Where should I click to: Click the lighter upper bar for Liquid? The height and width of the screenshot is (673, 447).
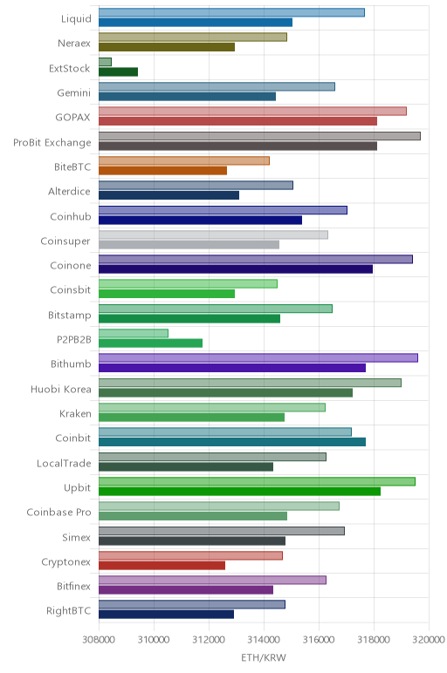coord(231,12)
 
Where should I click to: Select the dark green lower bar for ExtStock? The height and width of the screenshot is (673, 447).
coord(118,71)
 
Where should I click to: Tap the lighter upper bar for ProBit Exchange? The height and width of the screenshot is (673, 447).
coord(259,136)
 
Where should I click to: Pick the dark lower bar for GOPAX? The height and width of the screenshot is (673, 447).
coord(237,121)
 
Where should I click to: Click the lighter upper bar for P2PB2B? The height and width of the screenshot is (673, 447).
coord(134,333)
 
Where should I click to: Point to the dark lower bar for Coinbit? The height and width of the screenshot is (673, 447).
coord(232,442)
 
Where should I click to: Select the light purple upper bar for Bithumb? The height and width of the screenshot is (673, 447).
coord(258,357)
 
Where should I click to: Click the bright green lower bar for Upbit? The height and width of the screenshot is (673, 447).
coord(239,491)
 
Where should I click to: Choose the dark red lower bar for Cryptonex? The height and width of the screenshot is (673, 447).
coord(162,565)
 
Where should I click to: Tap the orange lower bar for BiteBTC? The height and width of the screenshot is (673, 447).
coord(163,170)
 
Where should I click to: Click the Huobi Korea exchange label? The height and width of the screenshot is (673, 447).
coord(60,390)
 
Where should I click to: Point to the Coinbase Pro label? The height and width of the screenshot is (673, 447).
coord(58,512)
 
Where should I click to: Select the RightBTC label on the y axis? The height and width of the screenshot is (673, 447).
coord(68,611)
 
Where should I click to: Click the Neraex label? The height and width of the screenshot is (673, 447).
coord(74,43)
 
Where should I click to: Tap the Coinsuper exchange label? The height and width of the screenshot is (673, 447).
coord(65,241)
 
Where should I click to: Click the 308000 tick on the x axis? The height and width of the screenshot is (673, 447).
coord(99,639)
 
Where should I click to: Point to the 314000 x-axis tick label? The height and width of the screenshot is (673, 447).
coord(264,639)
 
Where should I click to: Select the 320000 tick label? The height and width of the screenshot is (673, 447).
coord(429,639)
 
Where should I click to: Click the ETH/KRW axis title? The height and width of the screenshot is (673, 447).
coord(264,657)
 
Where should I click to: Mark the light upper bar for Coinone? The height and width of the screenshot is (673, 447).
coord(256,259)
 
